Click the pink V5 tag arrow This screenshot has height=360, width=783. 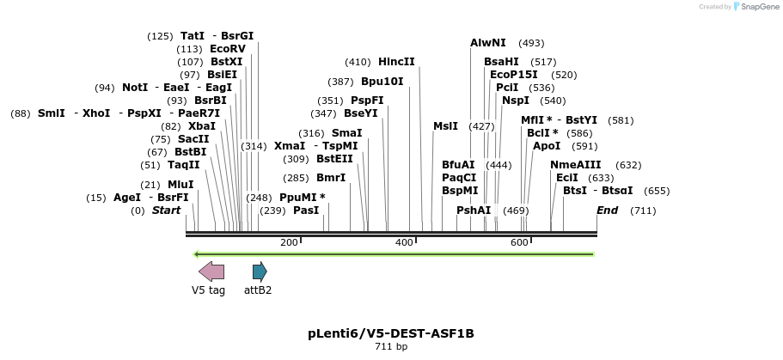(x=211, y=272)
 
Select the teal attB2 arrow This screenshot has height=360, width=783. (x=260, y=272)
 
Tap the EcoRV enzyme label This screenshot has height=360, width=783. (x=228, y=49)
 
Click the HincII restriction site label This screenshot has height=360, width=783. (x=396, y=62)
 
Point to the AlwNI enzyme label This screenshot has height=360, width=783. (x=488, y=43)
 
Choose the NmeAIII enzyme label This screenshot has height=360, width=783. (x=576, y=165)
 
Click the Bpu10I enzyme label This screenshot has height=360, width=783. (x=382, y=82)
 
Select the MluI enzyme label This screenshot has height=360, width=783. (x=180, y=184)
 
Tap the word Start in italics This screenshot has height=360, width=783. (x=167, y=211)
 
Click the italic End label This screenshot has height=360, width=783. (x=608, y=211)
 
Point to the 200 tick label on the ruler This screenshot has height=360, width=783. (x=289, y=243)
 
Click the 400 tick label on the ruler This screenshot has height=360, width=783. (x=404, y=243)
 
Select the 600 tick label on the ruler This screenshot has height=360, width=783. (x=519, y=243)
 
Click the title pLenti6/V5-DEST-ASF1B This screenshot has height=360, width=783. (x=391, y=333)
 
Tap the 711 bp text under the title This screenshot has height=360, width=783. (x=391, y=347)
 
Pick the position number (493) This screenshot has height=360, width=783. (x=531, y=43)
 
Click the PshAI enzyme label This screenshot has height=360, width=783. (x=474, y=211)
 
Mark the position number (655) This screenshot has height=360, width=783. (x=657, y=191)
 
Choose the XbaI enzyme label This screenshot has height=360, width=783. (x=202, y=125)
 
